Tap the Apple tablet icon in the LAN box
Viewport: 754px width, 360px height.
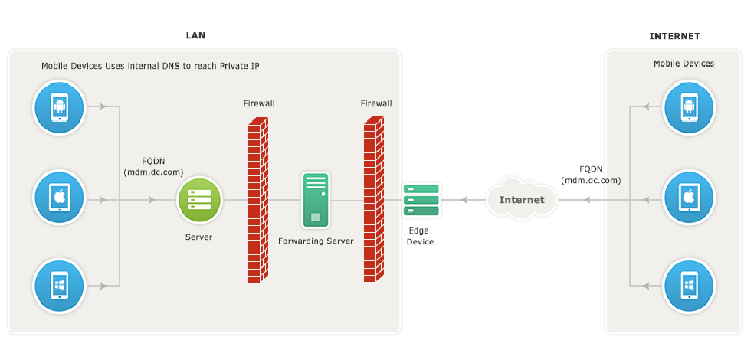pos(59,197)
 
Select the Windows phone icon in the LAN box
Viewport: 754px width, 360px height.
pos(59,286)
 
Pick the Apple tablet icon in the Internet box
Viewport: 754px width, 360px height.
pos(689,197)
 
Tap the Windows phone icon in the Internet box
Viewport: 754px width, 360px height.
pos(689,286)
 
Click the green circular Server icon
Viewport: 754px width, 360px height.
pos(199,199)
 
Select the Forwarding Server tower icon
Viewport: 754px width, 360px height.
pos(316,200)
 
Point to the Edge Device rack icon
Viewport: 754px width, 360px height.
pos(421,200)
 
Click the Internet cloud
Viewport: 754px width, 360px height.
pos(522,198)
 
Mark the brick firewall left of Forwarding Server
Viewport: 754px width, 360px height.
pos(258,199)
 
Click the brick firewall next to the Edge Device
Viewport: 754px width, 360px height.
pos(374,199)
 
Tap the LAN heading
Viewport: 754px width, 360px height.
pos(195,35)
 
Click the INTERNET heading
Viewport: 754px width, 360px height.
pos(674,36)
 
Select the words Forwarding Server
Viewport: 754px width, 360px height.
pos(316,241)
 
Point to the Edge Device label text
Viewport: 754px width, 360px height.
pos(420,236)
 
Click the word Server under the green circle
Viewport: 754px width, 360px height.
pos(198,237)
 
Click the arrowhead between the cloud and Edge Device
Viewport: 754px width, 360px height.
pos(464,199)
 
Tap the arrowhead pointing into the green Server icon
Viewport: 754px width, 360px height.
pos(152,199)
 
